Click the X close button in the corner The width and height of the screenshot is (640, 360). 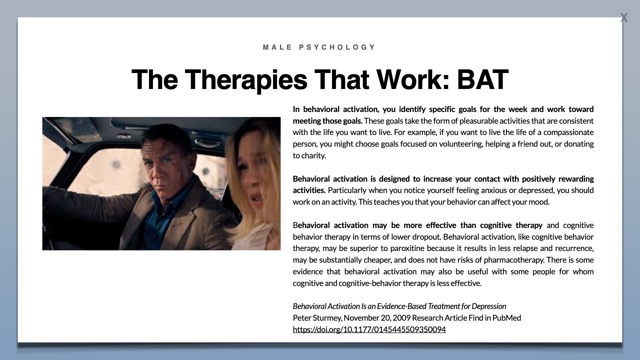click(x=624, y=18)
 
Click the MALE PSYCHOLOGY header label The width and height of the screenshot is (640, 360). click(x=319, y=47)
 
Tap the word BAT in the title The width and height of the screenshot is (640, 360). click(x=482, y=80)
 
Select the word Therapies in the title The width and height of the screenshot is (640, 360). click(x=245, y=80)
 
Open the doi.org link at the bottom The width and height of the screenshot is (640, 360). click(x=369, y=329)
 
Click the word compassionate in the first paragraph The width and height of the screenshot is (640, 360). click(x=568, y=132)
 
